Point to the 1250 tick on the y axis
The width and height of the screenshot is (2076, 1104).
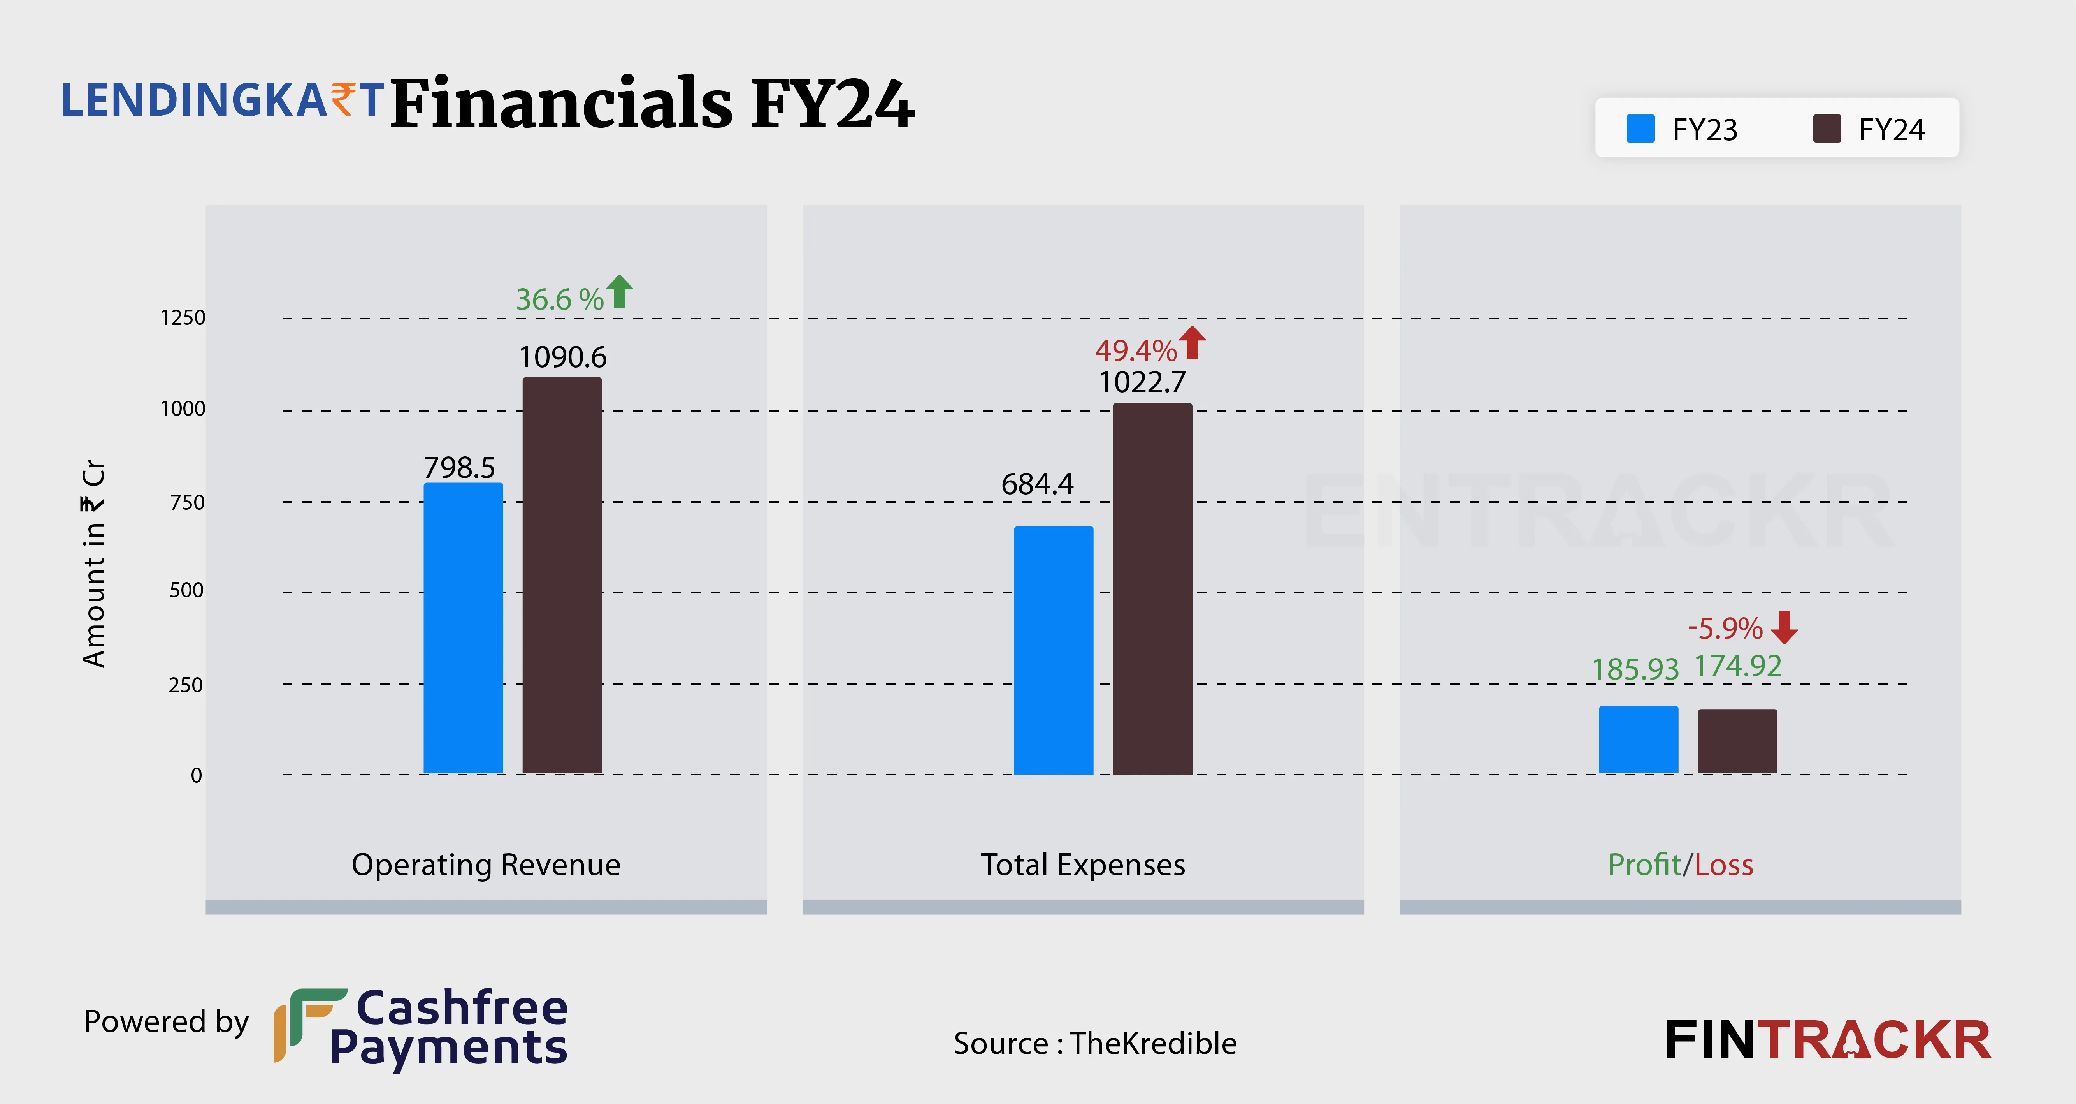(183, 318)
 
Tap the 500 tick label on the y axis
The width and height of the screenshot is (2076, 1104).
(186, 590)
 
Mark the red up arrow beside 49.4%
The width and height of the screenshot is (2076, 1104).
(1193, 343)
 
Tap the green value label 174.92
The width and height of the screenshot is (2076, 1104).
(1737, 666)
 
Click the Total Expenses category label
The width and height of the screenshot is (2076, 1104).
(1082, 865)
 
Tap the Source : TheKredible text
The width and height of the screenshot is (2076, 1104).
(1094, 1044)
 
